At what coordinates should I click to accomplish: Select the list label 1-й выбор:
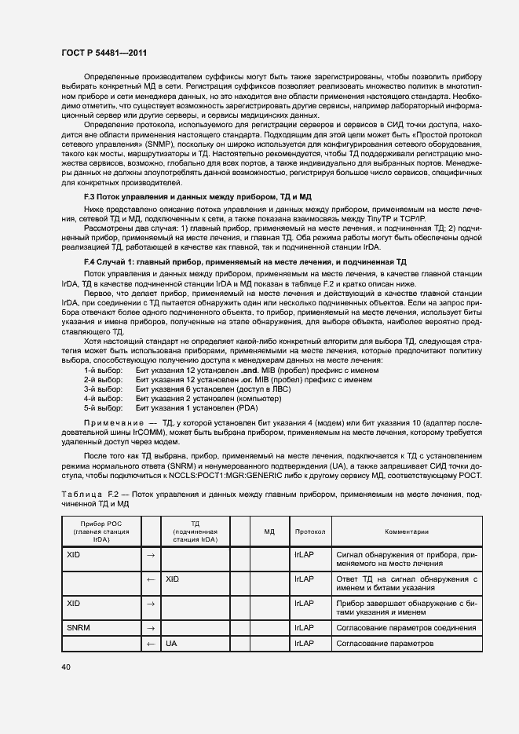[103, 370]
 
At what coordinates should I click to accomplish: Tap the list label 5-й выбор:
[103, 407]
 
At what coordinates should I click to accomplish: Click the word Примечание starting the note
[113, 422]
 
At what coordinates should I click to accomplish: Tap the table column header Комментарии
[407, 531]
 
